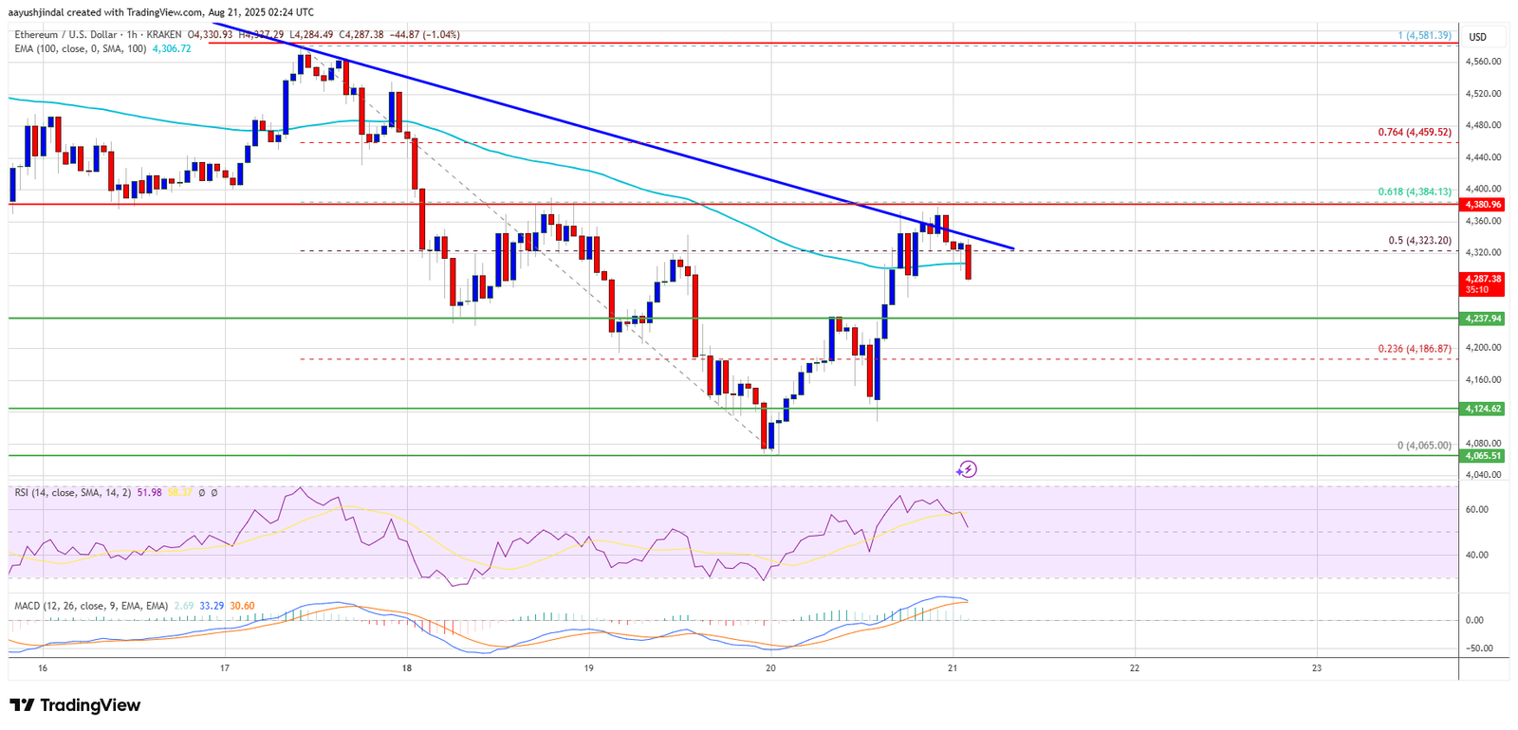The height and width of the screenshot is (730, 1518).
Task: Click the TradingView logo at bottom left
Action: pos(75,705)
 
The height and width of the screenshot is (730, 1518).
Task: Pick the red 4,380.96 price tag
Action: pos(1483,204)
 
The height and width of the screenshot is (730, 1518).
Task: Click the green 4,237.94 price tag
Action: pos(1483,319)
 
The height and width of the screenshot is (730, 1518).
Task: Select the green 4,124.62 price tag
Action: pos(1483,409)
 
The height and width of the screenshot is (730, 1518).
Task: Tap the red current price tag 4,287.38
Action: pos(1483,279)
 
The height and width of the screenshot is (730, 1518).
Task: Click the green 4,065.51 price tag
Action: pos(1483,456)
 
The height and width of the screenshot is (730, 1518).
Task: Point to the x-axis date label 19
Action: pos(589,667)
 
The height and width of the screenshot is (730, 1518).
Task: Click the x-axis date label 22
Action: pos(1135,667)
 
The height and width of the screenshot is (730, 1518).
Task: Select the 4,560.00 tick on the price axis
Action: pos(1483,62)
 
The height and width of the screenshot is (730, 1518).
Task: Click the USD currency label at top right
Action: pos(1478,37)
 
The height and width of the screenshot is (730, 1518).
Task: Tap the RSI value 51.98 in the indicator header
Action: pos(150,493)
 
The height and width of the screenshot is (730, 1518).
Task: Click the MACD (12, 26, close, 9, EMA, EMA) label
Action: pos(91,605)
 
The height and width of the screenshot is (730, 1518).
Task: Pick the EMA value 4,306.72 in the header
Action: pos(172,48)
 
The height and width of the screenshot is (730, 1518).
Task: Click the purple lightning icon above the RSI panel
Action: pos(966,469)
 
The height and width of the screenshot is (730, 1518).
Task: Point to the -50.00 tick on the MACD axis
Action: pos(1480,648)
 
